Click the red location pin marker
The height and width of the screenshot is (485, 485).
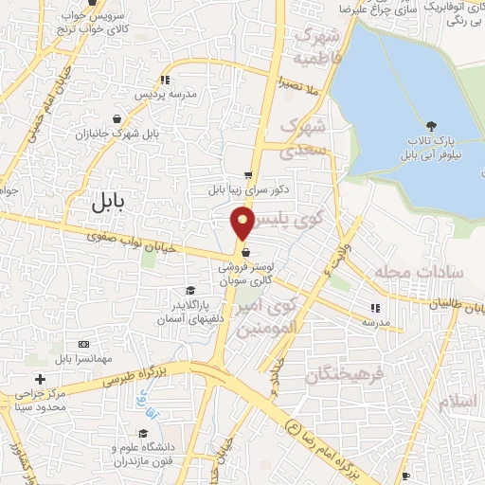pos(242,224)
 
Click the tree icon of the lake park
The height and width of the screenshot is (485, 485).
pos(432,125)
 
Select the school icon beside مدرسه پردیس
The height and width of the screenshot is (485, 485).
pos(166,81)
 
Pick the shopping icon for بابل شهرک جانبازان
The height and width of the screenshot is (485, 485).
pos(116,119)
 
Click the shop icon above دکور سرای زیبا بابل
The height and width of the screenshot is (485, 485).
pos(248,175)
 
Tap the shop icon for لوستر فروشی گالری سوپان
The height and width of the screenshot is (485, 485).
pos(246,253)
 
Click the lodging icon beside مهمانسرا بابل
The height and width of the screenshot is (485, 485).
pos(84,343)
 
